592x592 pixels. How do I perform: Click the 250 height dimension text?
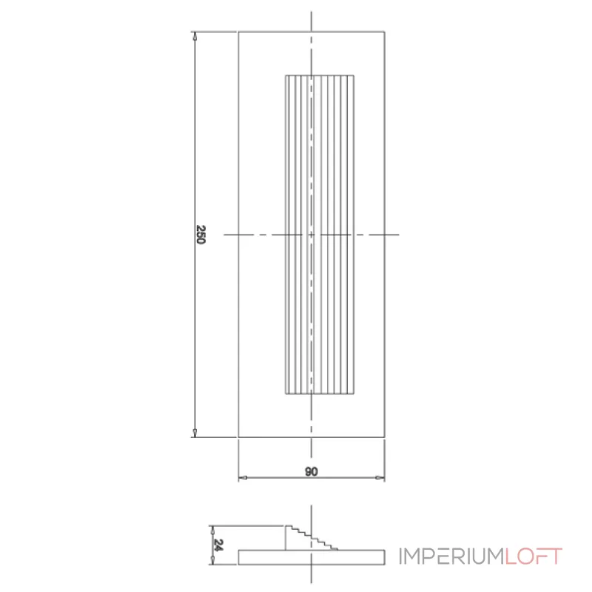201,235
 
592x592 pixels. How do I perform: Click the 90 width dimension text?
311,471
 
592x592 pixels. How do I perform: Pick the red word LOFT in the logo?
534,556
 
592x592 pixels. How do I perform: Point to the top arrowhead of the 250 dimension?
195,35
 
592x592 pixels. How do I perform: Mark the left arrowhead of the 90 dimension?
242,478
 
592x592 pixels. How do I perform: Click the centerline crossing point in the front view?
312,235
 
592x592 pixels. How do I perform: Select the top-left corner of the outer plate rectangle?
238,32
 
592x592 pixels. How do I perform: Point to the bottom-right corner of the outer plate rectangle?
384,437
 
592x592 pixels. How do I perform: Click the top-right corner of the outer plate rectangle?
384,32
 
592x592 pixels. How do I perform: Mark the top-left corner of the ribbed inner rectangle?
286,75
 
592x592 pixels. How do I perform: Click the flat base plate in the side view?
311,556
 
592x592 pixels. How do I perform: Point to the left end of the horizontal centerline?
224,235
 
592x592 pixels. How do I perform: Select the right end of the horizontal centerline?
399,235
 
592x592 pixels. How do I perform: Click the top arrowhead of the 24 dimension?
212,528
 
